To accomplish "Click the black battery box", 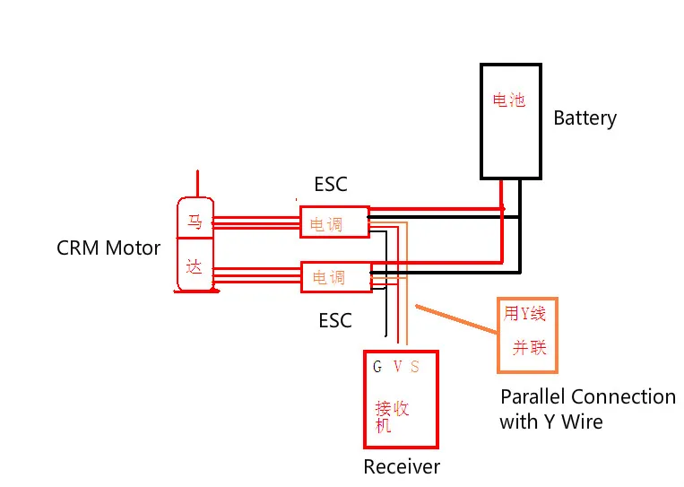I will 510,121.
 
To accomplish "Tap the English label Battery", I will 584,117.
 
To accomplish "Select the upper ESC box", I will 334,222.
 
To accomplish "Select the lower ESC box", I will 335,276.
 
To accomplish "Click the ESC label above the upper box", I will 330,185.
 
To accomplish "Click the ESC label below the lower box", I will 335,320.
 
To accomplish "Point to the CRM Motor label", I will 108,248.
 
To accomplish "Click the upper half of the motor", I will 195,220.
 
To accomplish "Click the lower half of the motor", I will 195,266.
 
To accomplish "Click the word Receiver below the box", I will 402,466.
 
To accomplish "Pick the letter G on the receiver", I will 377,367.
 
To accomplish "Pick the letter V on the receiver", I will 397,367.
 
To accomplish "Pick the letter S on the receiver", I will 414,367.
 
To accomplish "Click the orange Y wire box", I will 527,335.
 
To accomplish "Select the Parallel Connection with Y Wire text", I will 587,408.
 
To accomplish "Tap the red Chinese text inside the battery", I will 509,100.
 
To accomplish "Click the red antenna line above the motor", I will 198,183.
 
